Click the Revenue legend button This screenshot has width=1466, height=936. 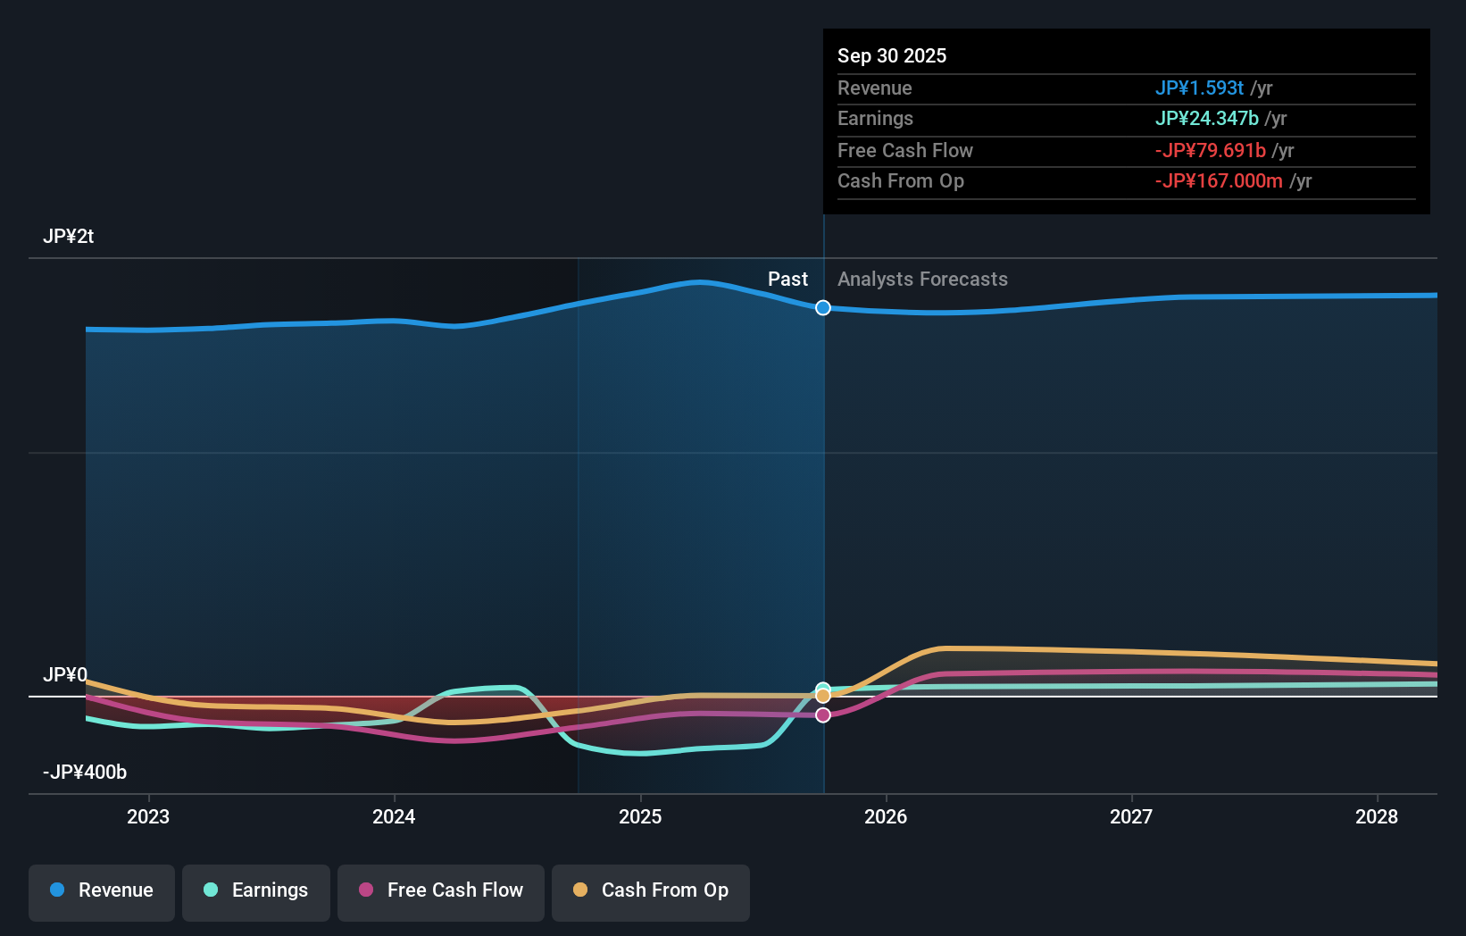click(102, 890)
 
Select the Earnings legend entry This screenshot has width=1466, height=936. click(256, 890)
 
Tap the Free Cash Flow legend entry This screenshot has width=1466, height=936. click(441, 890)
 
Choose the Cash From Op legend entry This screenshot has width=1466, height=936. click(651, 890)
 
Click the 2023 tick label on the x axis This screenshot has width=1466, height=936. click(148, 816)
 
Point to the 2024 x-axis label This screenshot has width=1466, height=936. click(394, 816)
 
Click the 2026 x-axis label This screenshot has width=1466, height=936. click(886, 816)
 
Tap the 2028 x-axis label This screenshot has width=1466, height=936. click(1377, 816)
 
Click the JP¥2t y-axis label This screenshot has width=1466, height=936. click(68, 237)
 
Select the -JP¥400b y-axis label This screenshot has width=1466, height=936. click(85, 772)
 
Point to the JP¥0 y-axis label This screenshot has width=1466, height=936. click(65, 674)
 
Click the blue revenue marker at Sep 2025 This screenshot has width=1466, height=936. click(823, 308)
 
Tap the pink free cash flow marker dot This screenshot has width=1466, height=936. click(823, 715)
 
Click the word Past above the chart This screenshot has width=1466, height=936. click(787, 280)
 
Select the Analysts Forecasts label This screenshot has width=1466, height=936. click(922, 280)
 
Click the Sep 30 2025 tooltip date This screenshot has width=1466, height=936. click(892, 55)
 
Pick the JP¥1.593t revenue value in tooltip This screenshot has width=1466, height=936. click(1199, 88)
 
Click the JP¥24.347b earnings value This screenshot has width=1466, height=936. click(1206, 119)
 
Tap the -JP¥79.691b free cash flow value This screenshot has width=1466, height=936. click(1210, 150)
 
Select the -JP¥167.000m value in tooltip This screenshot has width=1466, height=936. click(1219, 181)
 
